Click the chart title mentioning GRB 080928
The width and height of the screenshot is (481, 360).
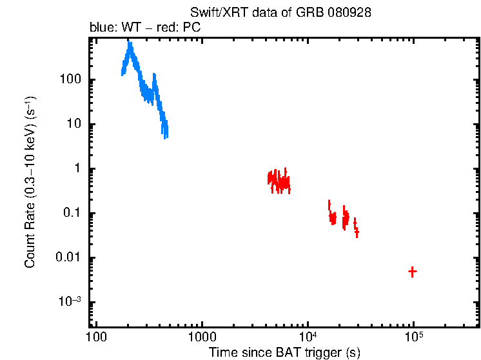click(280, 13)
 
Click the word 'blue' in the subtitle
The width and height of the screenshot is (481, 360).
click(100, 28)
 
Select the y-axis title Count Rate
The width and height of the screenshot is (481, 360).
click(30, 182)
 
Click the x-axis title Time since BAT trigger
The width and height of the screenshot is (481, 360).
click(284, 352)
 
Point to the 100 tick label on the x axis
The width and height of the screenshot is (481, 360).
click(96, 337)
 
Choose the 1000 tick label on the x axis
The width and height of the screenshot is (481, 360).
click(202, 337)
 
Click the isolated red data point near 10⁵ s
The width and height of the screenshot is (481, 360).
click(412, 272)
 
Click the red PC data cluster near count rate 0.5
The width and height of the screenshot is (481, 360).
click(279, 181)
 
